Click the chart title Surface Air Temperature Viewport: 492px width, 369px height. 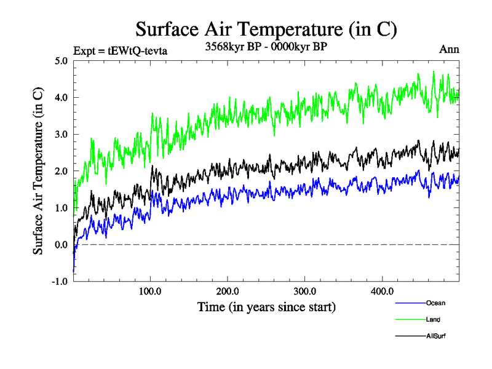point(266,29)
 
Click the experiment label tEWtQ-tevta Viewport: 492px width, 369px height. point(120,50)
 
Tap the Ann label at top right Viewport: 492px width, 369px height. point(449,50)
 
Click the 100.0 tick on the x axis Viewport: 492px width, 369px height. point(151,291)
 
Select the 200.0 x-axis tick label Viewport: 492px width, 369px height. point(228,291)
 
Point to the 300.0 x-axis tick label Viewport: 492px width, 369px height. point(305,291)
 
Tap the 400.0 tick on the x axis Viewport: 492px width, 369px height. point(383,291)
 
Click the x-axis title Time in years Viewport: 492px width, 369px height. point(266,306)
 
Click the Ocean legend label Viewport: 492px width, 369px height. point(435,303)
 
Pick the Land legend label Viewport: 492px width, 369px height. point(433,319)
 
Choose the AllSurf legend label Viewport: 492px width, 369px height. point(435,336)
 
